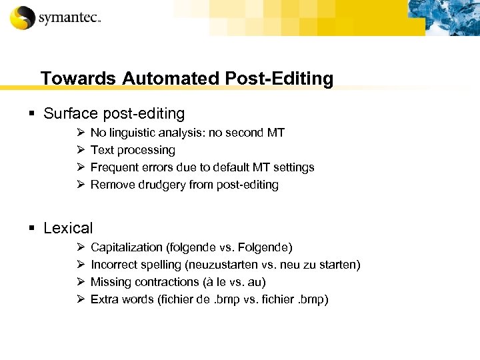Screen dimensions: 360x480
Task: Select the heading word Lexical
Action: [x=68, y=228]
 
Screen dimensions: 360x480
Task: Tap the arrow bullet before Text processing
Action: [x=80, y=150]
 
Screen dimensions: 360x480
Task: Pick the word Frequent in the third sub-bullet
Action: [x=113, y=167]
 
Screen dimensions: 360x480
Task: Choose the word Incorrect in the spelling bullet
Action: [x=113, y=265]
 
